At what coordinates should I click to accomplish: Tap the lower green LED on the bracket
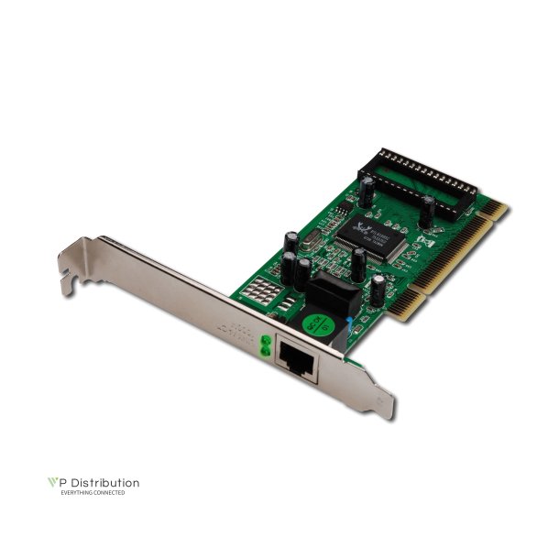(266, 350)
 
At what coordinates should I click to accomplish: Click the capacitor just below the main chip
(358, 263)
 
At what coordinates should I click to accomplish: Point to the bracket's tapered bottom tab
(386, 403)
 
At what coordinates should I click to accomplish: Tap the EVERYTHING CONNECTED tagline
(93, 493)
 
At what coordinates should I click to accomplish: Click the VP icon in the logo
(54, 483)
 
